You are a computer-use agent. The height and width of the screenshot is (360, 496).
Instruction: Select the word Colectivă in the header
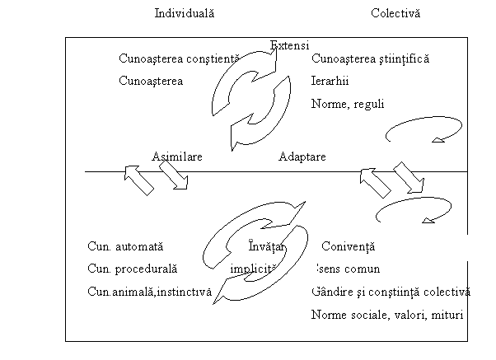pyautogui.click(x=395, y=14)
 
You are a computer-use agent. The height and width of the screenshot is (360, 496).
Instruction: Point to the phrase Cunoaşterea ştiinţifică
pyautogui.click(x=371, y=59)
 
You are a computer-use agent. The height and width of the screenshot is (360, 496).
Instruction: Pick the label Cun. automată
pyautogui.click(x=126, y=245)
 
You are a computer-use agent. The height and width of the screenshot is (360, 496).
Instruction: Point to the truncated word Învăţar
pyautogui.click(x=265, y=245)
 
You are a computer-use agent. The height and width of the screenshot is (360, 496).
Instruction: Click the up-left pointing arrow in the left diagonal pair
pyautogui.click(x=138, y=179)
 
